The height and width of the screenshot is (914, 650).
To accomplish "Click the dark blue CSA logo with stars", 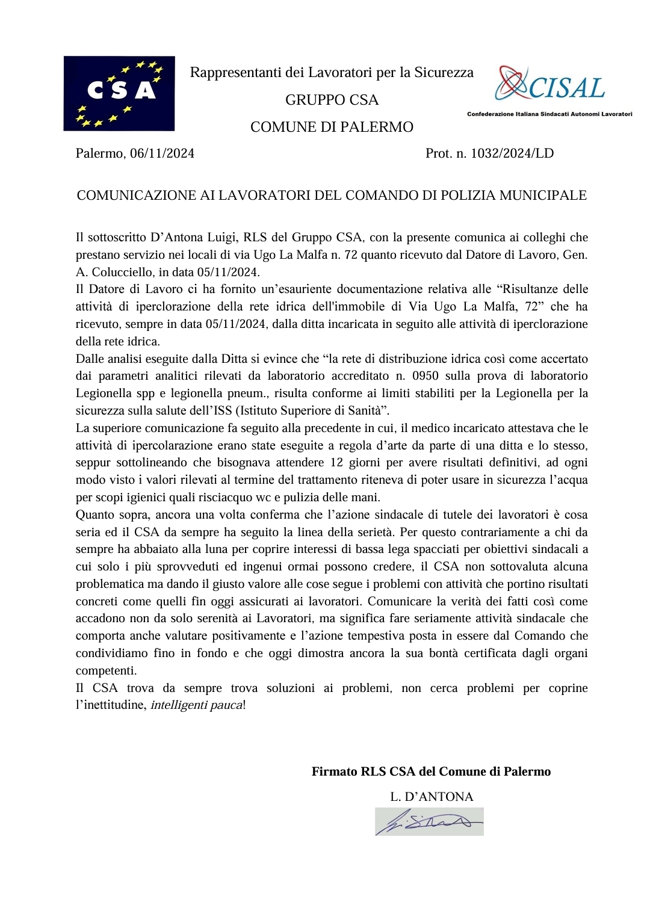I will click(x=119, y=93).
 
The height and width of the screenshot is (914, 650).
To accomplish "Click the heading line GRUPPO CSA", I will click(x=332, y=100).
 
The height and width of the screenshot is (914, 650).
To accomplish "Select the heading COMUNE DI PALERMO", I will click(x=332, y=127).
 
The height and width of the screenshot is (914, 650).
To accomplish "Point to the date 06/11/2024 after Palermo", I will click(x=162, y=153).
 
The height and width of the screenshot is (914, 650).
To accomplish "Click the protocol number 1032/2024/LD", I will click(x=512, y=153).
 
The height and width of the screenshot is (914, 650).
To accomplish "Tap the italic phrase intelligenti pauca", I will click(x=196, y=705).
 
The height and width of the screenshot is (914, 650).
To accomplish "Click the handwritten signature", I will click(x=429, y=821).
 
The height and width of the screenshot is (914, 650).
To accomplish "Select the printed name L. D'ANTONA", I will click(x=432, y=797).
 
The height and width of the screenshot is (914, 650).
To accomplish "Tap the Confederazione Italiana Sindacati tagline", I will click(x=549, y=114).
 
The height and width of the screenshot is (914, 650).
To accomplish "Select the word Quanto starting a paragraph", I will click(x=93, y=515).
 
